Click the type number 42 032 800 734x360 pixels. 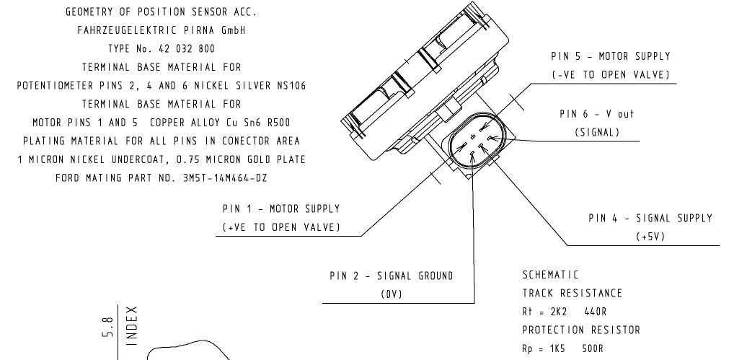pos(182,49)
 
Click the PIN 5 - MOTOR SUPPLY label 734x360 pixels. pos(610,56)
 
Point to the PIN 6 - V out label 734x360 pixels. pos(597,114)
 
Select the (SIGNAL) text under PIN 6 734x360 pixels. pos(597,132)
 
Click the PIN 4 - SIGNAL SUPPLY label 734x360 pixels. pos(650,218)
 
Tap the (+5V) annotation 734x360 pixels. pos(650,237)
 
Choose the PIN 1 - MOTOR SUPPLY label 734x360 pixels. pos(281,208)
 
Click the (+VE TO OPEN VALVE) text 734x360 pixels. pos(281,227)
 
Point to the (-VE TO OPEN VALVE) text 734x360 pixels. pos(610,75)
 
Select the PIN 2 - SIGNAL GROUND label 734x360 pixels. pos(392,276)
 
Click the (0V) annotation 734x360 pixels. pos(391,294)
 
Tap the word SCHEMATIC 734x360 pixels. pos(550,275)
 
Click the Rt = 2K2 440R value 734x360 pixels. pos(564,312)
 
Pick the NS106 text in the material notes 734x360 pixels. pos(288,85)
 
